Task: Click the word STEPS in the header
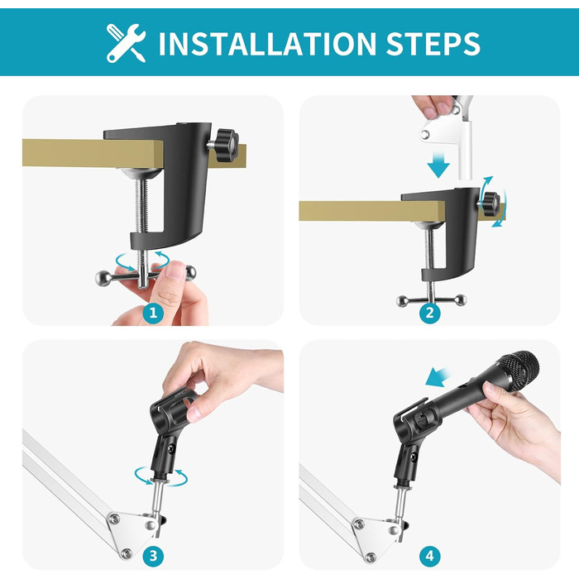pyautogui.click(x=433, y=44)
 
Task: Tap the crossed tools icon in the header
pyautogui.click(x=126, y=43)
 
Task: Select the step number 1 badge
pyautogui.click(x=153, y=313)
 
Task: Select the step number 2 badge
pyautogui.click(x=430, y=313)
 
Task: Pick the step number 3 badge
pyautogui.click(x=153, y=555)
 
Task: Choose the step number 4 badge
pyautogui.click(x=430, y=555)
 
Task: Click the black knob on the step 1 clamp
pyautogui.click(x=227, y=145)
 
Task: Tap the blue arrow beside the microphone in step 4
pyautogui.click(x=438, y=377)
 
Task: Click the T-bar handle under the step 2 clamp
pyautogui.click(x=431, y=300)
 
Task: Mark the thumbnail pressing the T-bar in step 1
pyautogui.click(x=175, y=270)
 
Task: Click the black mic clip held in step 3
pyautogui.click(x=171, y=431)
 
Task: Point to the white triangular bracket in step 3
pyautogui.click(x=131, y=531)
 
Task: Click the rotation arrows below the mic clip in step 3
pyautogui.click(x=160, y=476)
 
